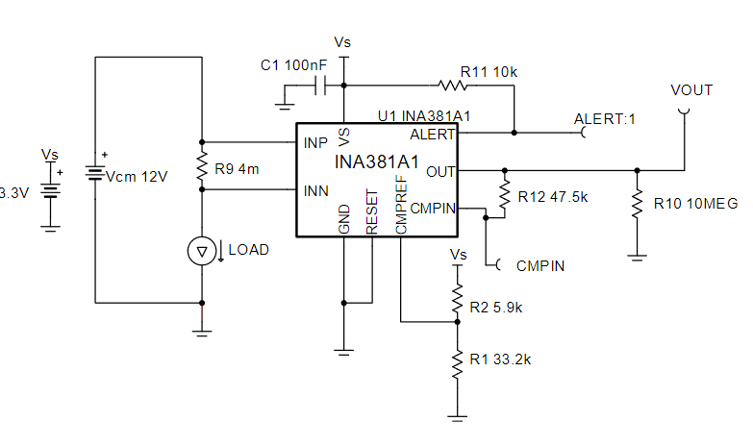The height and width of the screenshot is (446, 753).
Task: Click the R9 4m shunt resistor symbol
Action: tap(202, 165)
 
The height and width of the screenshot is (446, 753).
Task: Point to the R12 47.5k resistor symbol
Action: tap(503, 195)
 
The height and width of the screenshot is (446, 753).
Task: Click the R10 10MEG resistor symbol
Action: tap(636, 203)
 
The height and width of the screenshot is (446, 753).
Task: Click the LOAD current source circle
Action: tap(201, 251)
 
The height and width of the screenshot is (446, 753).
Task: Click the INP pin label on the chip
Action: tap(315, 143)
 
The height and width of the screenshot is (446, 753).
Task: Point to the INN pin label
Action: tap(316, 190)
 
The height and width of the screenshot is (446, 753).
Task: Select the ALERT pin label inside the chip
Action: tap(432, 134)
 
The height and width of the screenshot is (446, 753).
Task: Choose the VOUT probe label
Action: tap(690, 90)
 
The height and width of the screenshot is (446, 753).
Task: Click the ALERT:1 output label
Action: tap(606, 119)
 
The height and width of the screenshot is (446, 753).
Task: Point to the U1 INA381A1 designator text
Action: tap(423, 115)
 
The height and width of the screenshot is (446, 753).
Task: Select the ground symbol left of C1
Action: tap(285, 100)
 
